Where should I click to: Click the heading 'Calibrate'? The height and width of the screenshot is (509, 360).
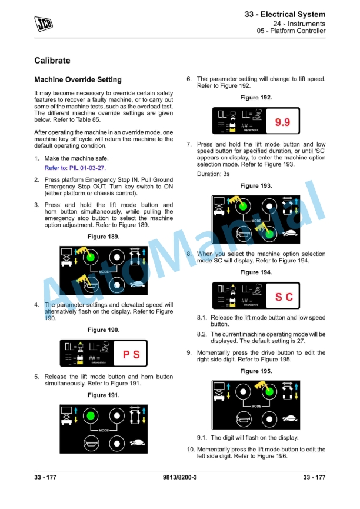[x=52, y=61]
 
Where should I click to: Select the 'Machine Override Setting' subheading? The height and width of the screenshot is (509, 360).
[x=78, y=79]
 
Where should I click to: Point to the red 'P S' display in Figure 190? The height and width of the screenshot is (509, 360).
[x=131, y=355]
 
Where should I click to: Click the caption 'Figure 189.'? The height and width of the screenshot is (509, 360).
[x=103, y=237]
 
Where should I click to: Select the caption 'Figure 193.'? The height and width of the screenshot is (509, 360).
[x=256, y=186]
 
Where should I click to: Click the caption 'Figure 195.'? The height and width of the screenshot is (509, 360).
[x=256, y=371]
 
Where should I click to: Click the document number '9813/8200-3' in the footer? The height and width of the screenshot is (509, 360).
[x=179, y=477]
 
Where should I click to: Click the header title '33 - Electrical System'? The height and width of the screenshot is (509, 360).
[x=285, y=14]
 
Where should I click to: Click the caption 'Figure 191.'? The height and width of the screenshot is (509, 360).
[x=103, y=395]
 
